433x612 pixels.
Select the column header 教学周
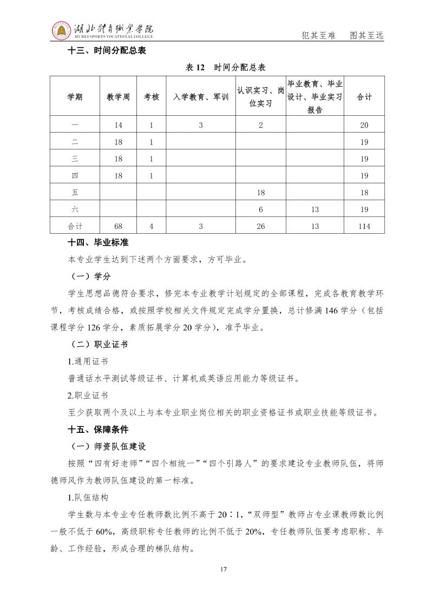pyautogui.click(x=119, y=97)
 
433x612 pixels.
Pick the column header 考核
pyautogui.click(x=152, y=97)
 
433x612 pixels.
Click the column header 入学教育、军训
pyautogui.click(x=201, y=97)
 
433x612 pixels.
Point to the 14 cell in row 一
pyautogui.click(x=119, y=125)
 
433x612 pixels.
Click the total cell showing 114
pyautogui.click(x=364, y=226)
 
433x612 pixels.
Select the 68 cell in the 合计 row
pyautogui.click(x=119, y=226)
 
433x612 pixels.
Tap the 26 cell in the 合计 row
pyautogui.click(x=261, y=226)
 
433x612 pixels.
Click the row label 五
pyautogui.click(x=75, y=193)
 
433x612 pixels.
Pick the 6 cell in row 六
pyautogui.click(x=261, y=209)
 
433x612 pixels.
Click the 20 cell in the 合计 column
pyautogui.click(x=364, y=125)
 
